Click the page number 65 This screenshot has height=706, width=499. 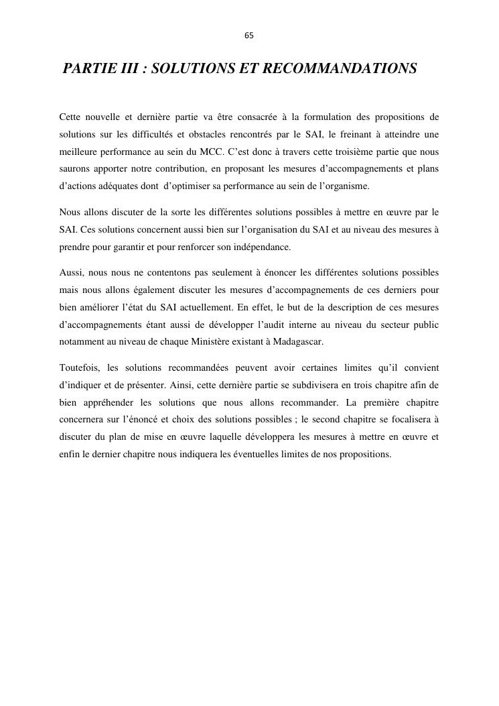pyautogui.click(x=249, y=36)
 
